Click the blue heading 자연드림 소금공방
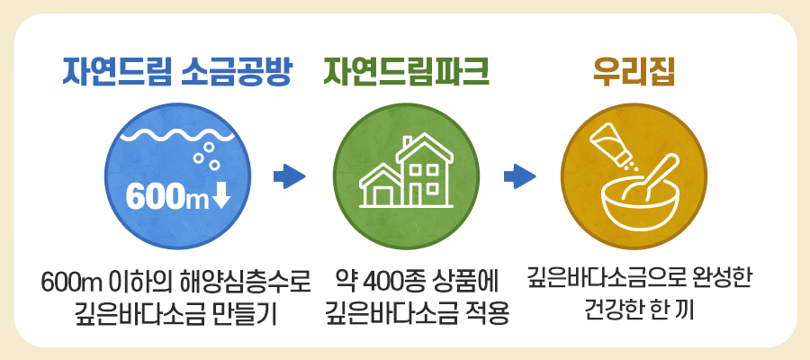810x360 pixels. [x=175, y=73]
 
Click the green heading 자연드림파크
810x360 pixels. [x=406, y=73]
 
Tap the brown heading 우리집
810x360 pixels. [x=634, y=73]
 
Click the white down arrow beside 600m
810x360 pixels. [x=220, y=197]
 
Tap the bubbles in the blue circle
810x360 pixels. [x=207, y=156]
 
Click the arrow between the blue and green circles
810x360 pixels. [x=289, y=176]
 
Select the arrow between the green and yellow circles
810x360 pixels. [x=519, y=176]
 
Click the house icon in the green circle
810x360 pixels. [x=406, y=170]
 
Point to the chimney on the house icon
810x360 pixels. [x=408, y=141]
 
